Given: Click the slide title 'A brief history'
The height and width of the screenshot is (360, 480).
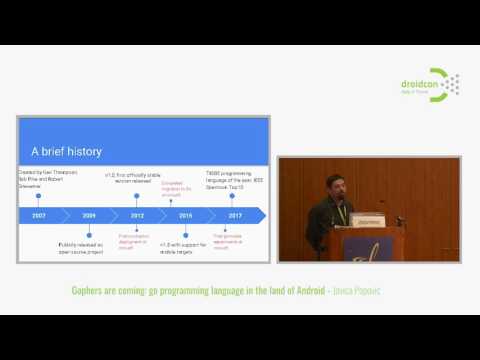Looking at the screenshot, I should tap(68, 152).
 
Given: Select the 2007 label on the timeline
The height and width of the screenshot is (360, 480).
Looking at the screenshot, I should tap(39, 215).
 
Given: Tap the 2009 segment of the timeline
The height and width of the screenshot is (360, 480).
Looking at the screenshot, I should tap(89, 215).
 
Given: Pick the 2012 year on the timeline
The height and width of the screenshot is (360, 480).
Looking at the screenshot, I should tap(137, 215).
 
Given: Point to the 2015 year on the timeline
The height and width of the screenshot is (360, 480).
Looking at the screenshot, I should tap(185, 215).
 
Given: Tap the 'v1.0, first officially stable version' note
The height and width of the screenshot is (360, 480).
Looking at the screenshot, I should tap(130, 178).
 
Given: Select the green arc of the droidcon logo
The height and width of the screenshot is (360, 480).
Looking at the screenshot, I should tap(439, 84).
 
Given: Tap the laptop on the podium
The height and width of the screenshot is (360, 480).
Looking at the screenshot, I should tap(367, 220).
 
